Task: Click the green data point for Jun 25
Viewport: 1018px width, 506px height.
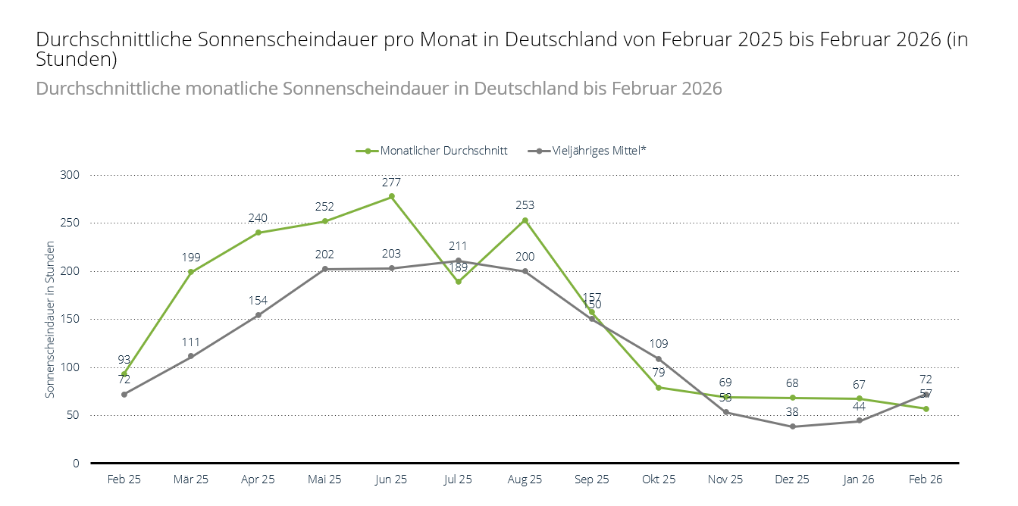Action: pyautogui.click(x=392, y=197)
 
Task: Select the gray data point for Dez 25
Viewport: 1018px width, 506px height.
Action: pyautogui.click(x=792, y=426)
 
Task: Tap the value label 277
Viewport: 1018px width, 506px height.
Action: pyautogui.click(x=392, y=183)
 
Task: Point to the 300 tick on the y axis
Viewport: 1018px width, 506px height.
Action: pyautogui.click(x=70, y=175)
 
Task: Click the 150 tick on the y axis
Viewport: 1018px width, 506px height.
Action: pyautogui.click(x=70, y=319)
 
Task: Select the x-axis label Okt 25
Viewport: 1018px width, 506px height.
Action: pyautogui.click(x=659, y=479)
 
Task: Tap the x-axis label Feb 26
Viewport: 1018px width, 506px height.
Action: pyautogui.click(x=926, y=479)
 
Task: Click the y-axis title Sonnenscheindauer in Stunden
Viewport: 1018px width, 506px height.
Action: pyautogui.click(x=50, y=319)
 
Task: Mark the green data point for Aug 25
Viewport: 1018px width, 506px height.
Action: pyautogui.click(x=525, y=220)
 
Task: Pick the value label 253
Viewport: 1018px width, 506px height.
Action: pyautogui.click(x=525, y=205)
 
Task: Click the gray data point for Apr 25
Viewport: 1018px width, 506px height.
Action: pyautogui.click(x=258, y=315)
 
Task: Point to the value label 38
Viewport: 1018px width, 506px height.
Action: pyautogui.click(x=792, y=412)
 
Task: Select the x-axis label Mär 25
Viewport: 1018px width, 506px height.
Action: pyautogui.click(x=191, y=479)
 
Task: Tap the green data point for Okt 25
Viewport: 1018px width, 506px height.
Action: pyautogui.click(x=659, y=387)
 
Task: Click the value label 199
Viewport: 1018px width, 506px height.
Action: pyautogui.click(x=191, y=258)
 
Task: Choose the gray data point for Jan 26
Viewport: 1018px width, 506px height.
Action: pyautogui.click(x=859, y=420)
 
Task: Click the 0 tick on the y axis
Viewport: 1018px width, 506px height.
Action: pyautogui.click(x=76, y=463)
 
